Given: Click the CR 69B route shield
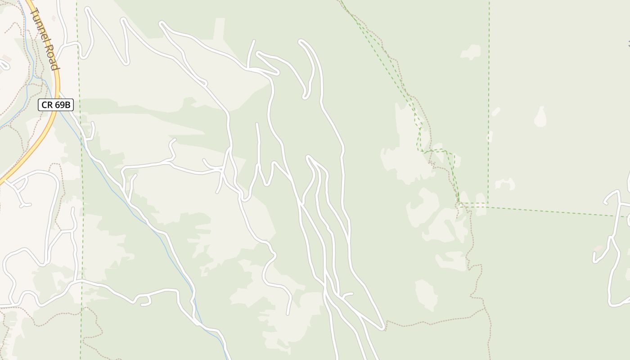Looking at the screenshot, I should (55, 105).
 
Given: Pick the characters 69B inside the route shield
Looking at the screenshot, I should (62, 105).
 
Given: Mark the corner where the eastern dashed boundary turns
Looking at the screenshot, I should (489, 203).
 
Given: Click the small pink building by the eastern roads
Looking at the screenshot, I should (599, 248).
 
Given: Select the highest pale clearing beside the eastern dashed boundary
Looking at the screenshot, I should (471, 52).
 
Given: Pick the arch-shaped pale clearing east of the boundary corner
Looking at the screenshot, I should (505, 184).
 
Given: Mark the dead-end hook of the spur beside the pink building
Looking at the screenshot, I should (595, 260).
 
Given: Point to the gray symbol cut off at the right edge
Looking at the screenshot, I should (628, 44).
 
